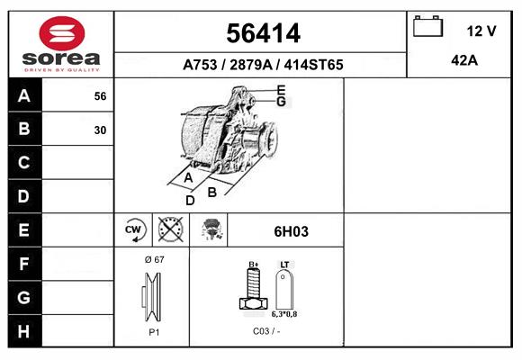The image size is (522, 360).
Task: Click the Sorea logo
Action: click(x=61, y=44)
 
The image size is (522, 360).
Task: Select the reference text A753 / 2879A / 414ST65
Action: click(x=262, y=65)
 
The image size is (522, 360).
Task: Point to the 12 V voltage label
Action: click(x=481, y=31)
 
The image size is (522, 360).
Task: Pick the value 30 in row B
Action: click(x=100, y=130)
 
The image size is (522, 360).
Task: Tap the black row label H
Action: click(x=24, y=330)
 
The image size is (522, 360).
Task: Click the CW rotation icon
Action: click(x=134, y=230)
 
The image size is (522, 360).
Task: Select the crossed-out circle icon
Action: click(x=170, y=230)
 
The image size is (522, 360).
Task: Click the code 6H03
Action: click(x=291, y=231)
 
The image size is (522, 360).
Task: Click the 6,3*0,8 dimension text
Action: click(x=285, y=316)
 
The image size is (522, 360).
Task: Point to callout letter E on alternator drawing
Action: click(x=281, y=90)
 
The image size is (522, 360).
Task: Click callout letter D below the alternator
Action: click(x=190, y=200)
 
